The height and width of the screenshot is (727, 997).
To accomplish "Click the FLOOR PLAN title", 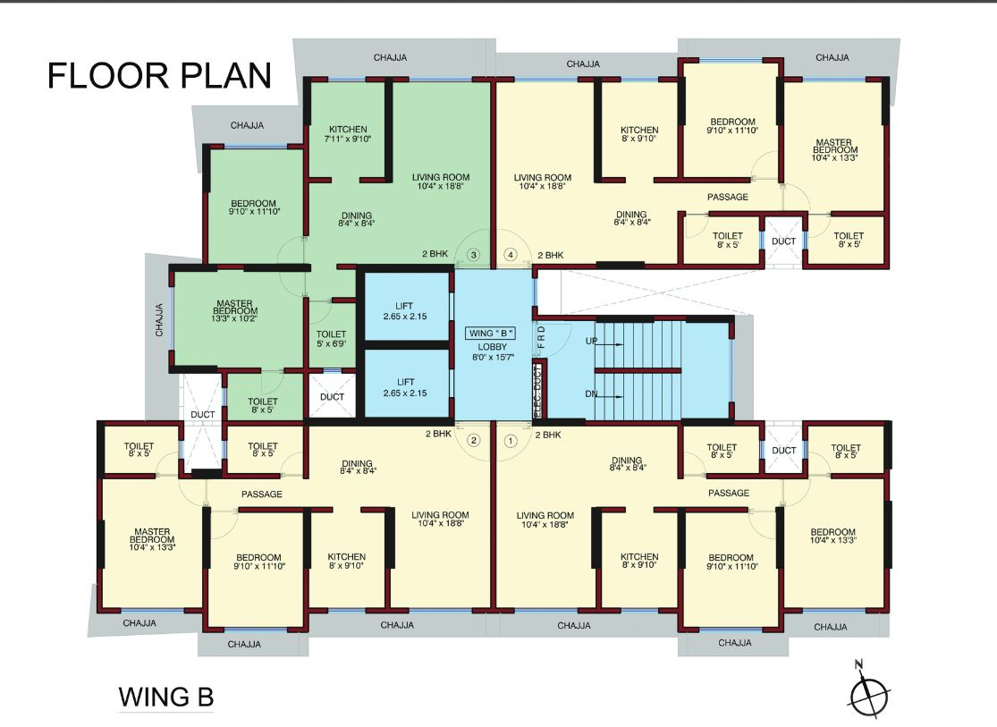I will pyautogui.click(x=159, y=76).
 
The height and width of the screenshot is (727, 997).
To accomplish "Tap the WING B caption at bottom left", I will pyautogui.click(x=166, y=697).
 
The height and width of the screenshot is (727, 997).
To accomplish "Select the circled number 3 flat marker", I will pyautogui.click(x=474, y=255).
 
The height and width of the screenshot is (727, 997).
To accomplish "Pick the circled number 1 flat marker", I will pyautogui.click(x=511, y=440).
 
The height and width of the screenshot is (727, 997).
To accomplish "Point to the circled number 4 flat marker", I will pyautogui.click(x=511, y=255).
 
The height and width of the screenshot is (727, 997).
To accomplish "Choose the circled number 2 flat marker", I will pyautogui.click(x=474, y=440).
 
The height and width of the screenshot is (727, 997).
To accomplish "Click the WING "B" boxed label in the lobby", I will pyautogui.click(x=491, y=333).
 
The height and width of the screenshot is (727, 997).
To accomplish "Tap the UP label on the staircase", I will pyautogui.click(x=591, y=342).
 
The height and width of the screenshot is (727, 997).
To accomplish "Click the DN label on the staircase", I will pyautogui.click(x=591, y=393).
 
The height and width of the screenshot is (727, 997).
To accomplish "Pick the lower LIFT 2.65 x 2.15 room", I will pyautogui.click(x=404, y=386).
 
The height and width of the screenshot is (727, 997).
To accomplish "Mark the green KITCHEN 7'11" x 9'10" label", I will pyautogui.click(x=347, y=134).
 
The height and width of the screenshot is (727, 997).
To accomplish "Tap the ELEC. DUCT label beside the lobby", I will pyautogui.click(x=537, y=391).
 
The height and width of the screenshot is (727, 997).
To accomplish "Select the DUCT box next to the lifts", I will pyautogui.click(x=332, y=396).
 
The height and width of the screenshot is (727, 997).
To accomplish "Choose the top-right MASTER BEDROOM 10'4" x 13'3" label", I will pyautogui.click(x=832, y=149).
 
